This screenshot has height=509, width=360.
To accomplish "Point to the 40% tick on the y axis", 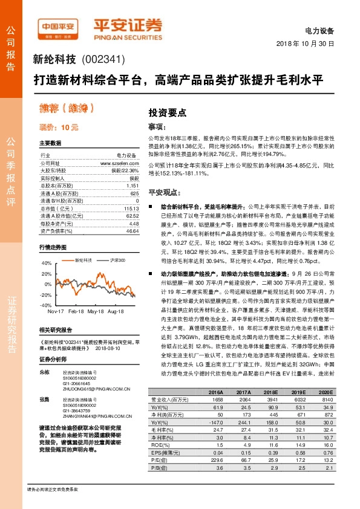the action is tap(47, 264).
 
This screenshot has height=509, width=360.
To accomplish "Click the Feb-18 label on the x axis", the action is tap(76, 311).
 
